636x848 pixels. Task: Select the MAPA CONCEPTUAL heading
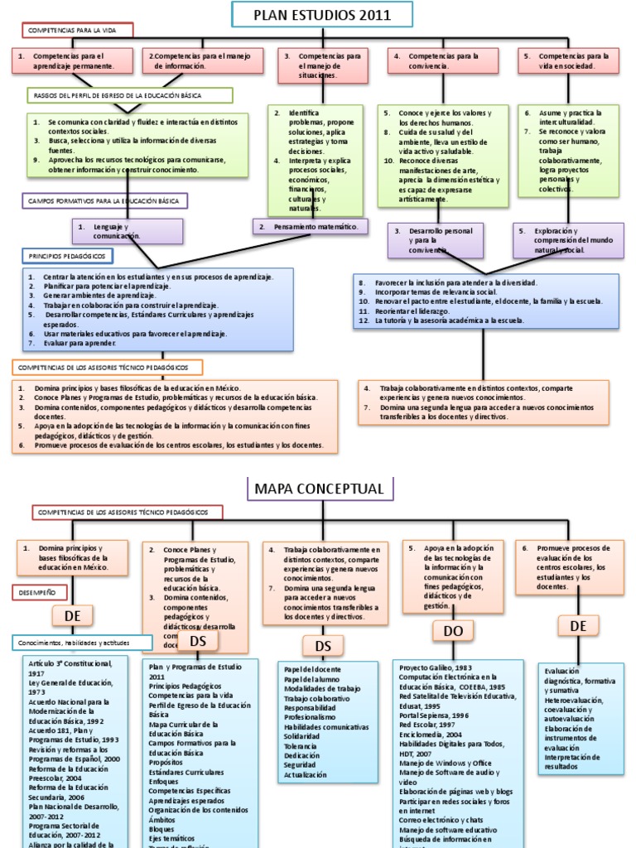pyautogui.click(x=319, y=489)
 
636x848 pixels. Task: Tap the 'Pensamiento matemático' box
pyautogui.click(x=309, y=226)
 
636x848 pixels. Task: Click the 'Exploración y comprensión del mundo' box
pyautogui.click(x=569, y=240)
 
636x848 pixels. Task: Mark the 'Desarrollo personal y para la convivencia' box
pyautogui.click(x=436, y=240)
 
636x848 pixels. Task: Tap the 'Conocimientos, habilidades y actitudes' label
pyautogui.click(x=83, y=643)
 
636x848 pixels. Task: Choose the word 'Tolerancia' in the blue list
pyautogui.click(x=301, y=746)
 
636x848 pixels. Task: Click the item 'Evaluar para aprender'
pyautogui.click(x=75, y=342)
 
